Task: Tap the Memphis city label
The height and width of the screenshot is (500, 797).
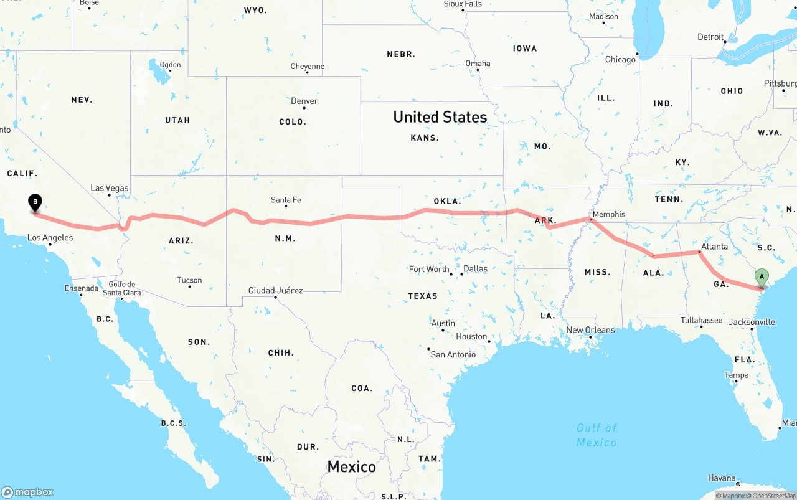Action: coord(608,214)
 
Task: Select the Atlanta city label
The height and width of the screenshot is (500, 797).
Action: coord(714,247)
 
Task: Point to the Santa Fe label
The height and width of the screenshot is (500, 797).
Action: coord(286,200)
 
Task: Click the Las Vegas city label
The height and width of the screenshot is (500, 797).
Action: coord(110,188)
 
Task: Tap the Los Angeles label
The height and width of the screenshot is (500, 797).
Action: coord(50,237)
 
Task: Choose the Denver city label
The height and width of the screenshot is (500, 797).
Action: coord(304,101)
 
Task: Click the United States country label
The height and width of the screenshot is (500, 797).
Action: coord(440,117)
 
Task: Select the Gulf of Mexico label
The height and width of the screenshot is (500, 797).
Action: coord(597,435)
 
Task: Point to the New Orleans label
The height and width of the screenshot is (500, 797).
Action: coord(590,330)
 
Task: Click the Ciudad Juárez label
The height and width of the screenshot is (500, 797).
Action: coord(276,290)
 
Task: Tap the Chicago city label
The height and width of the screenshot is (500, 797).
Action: coord(620,59)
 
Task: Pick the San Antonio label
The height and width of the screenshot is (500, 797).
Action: coord(453,354)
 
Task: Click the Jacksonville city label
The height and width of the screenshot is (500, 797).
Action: coord(752,322)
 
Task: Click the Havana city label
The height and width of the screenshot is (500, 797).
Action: coord(722,478)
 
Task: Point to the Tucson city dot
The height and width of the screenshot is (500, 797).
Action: coord(189,288)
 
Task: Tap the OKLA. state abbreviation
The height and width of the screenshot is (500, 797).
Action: coord(447,201)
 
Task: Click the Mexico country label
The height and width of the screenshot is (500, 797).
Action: coord(352,466)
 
